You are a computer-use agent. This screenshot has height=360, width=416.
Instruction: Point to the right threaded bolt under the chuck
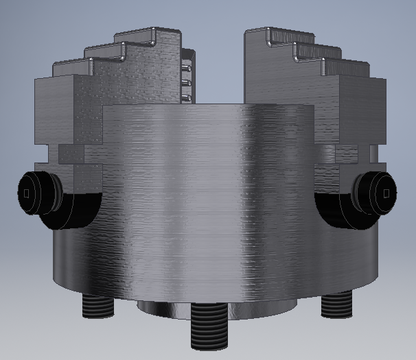(x=336, y=302)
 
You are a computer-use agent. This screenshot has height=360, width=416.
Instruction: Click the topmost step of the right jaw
(x=271, y=32)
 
